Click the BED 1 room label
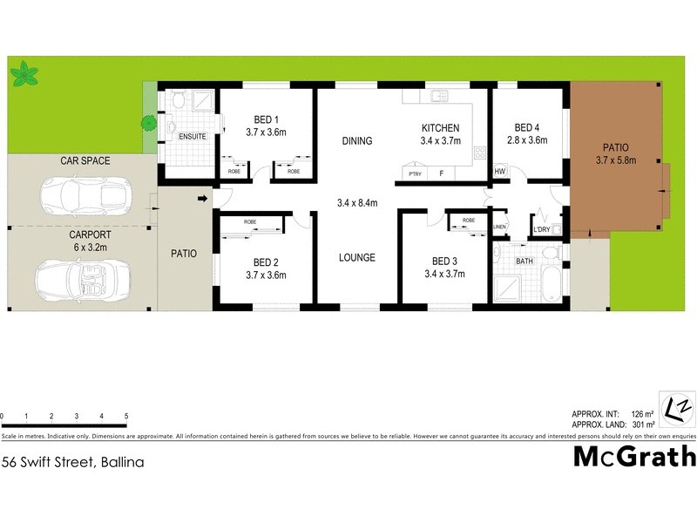click(x=266, y=119)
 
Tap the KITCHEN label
click(x=439, y=128)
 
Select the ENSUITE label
click(x=192, y=137)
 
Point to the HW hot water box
click(x=500, y=173)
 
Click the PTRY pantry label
click(x=416, y=173)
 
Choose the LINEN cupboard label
click(x=499, y=228)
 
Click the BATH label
click(x=524, y=261)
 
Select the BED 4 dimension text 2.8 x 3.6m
click(x=526, y=139)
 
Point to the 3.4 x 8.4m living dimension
click(x=357, y=202)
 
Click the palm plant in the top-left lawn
click(x=24, y=73)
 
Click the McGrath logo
click(x=633, y=456)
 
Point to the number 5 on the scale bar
click(x=126, y=417)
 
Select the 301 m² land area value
click(x=642, y=425)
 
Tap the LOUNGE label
click(x=357, y=257)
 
